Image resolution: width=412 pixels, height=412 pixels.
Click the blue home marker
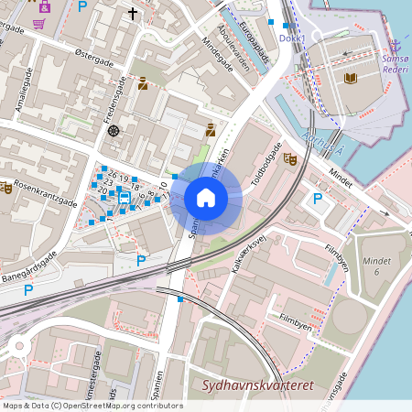pos(206,198)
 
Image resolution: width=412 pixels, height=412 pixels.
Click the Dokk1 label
pos(290,38)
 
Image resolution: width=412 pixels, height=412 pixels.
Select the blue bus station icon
pos(124,197)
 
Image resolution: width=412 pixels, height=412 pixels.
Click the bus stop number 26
pos(112,173)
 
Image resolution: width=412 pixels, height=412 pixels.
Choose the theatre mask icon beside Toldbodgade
pos(290,158)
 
